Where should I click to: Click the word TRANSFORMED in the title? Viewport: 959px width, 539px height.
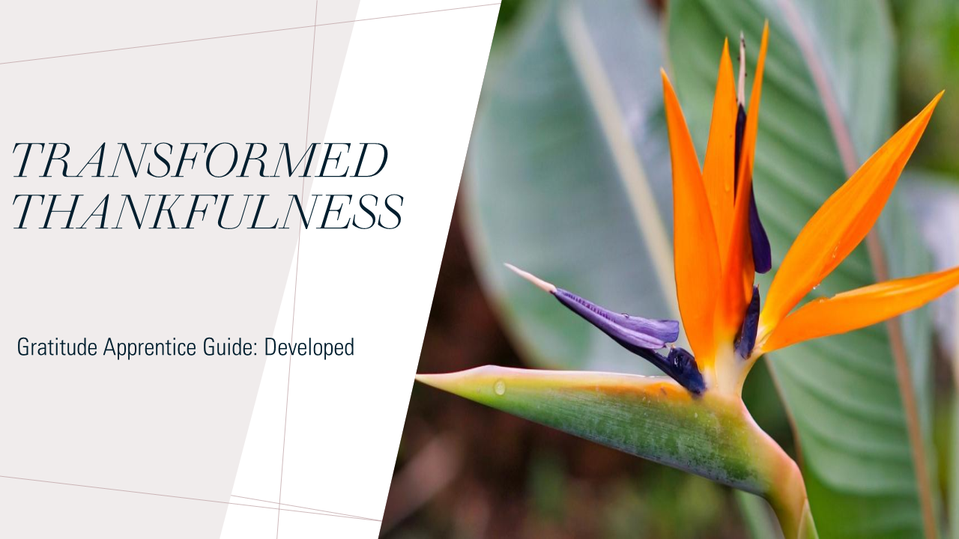pos(200,160)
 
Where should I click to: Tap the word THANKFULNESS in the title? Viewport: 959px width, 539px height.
pos(208,211)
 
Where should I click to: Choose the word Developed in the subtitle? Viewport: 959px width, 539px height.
pos(309,347)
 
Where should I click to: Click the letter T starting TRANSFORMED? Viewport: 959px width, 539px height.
pos(31,160)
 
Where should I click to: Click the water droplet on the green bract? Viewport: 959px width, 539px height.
pos(499,387)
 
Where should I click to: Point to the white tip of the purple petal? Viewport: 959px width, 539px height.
pos(530,277)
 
